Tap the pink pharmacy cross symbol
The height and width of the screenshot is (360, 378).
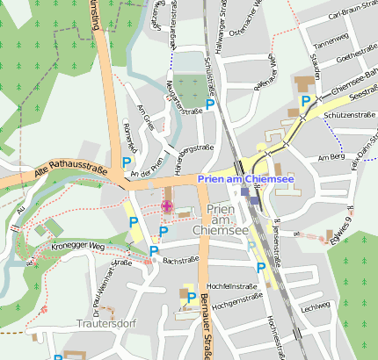click(166, 206)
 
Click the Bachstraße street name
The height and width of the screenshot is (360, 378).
click(179, 261)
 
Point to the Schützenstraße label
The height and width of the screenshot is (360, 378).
click(345, 115)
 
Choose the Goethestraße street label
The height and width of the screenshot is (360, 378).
click(356, 54)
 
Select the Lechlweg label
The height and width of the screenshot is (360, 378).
click(315, 306)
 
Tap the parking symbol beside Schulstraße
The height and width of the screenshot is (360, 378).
click(210, 104)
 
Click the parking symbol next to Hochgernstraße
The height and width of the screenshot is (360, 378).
click(191, 299)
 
